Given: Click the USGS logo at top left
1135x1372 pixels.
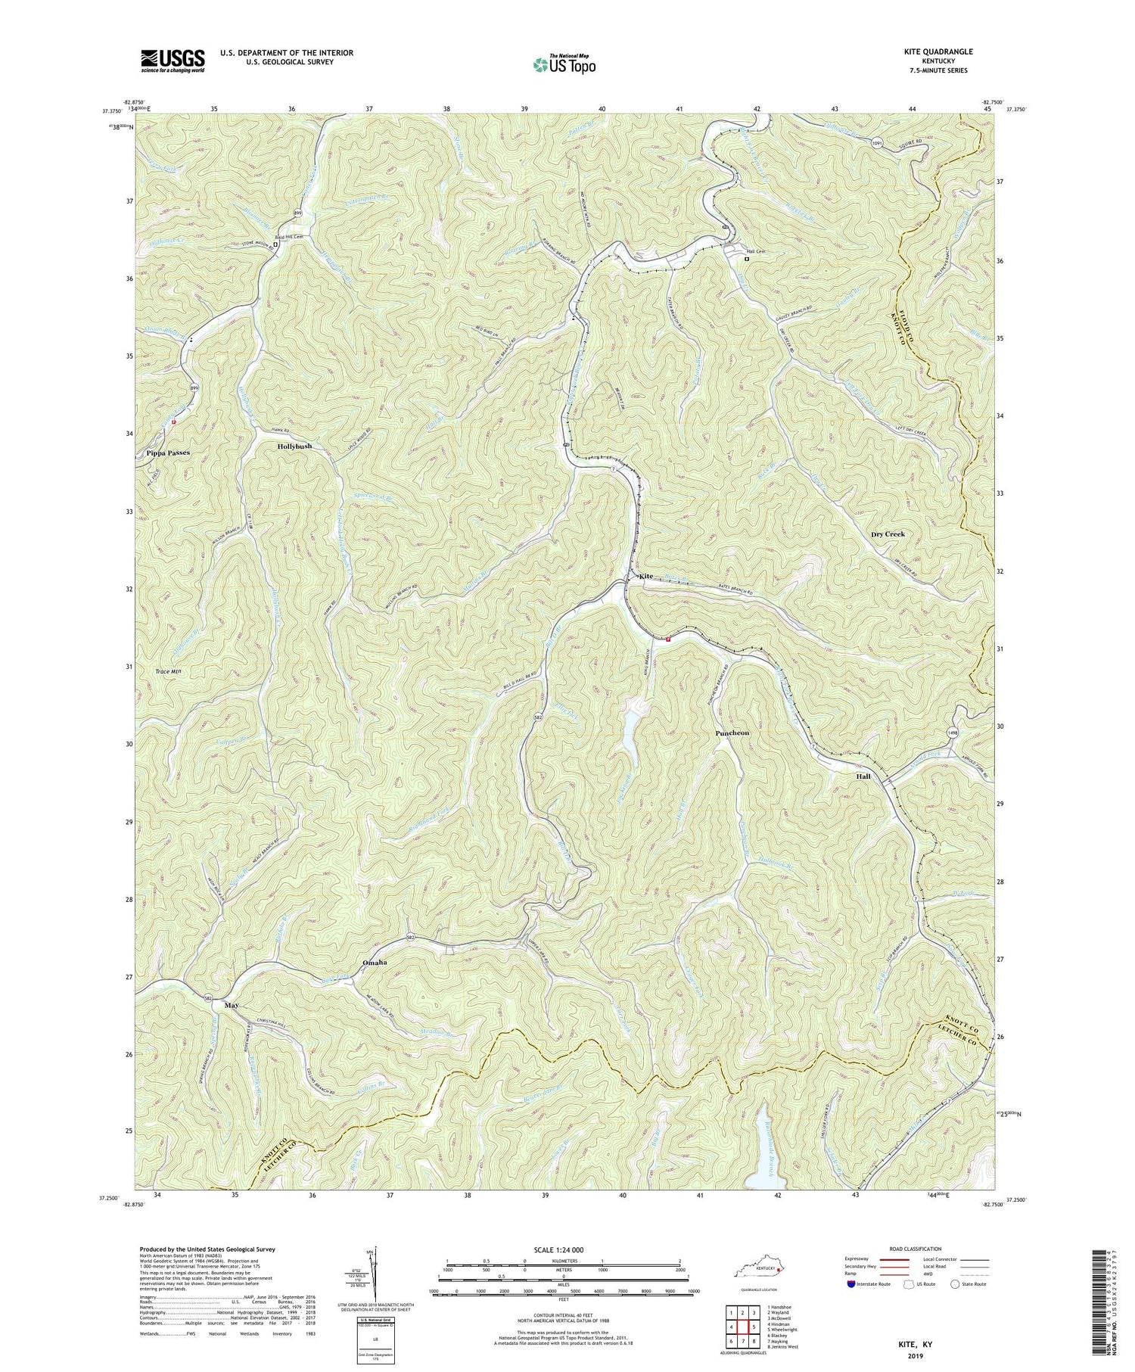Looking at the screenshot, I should click(x=173, y=61).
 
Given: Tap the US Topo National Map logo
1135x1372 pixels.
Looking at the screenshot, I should click(x=564, y=64).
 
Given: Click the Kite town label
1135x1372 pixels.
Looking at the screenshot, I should click(x=645, y=576).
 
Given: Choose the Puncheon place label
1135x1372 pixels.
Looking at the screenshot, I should click(x=732, y=733).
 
